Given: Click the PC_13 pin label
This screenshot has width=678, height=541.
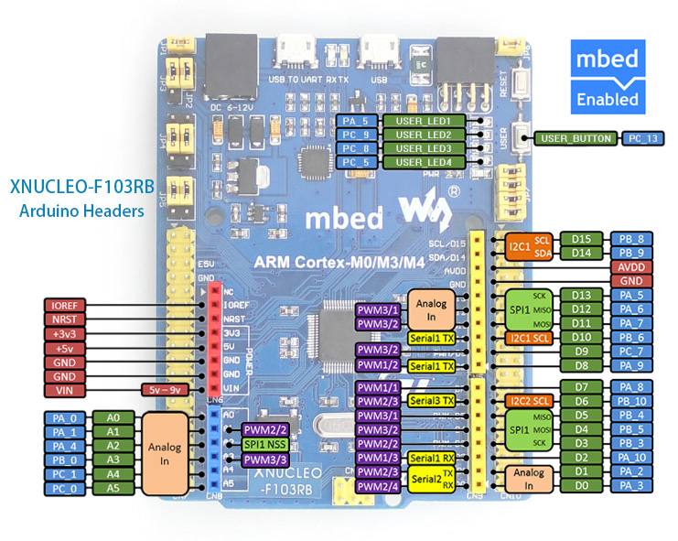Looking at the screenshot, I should pos(640,139).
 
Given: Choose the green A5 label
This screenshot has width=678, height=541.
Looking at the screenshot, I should pos(114,490).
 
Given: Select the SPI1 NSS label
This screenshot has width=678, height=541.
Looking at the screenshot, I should pos(266,444).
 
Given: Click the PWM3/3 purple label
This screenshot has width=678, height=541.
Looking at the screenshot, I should pos(266,459).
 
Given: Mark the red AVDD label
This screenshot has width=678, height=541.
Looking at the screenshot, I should pos(634,266).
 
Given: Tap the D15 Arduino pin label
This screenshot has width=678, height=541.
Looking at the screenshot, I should pos(580,238).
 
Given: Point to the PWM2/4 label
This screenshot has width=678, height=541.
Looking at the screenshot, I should pos(378,486).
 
